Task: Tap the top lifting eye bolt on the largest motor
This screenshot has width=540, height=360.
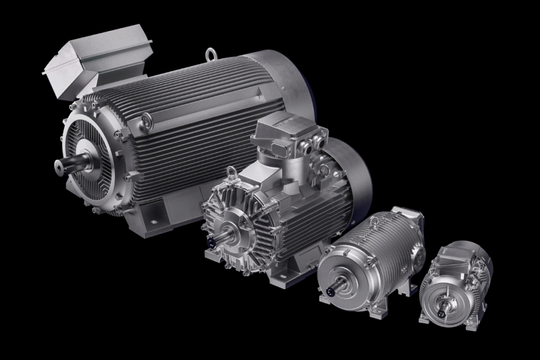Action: [x=211, y=54]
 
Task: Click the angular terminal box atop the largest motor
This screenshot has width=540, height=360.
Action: [x=98, y=64]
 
